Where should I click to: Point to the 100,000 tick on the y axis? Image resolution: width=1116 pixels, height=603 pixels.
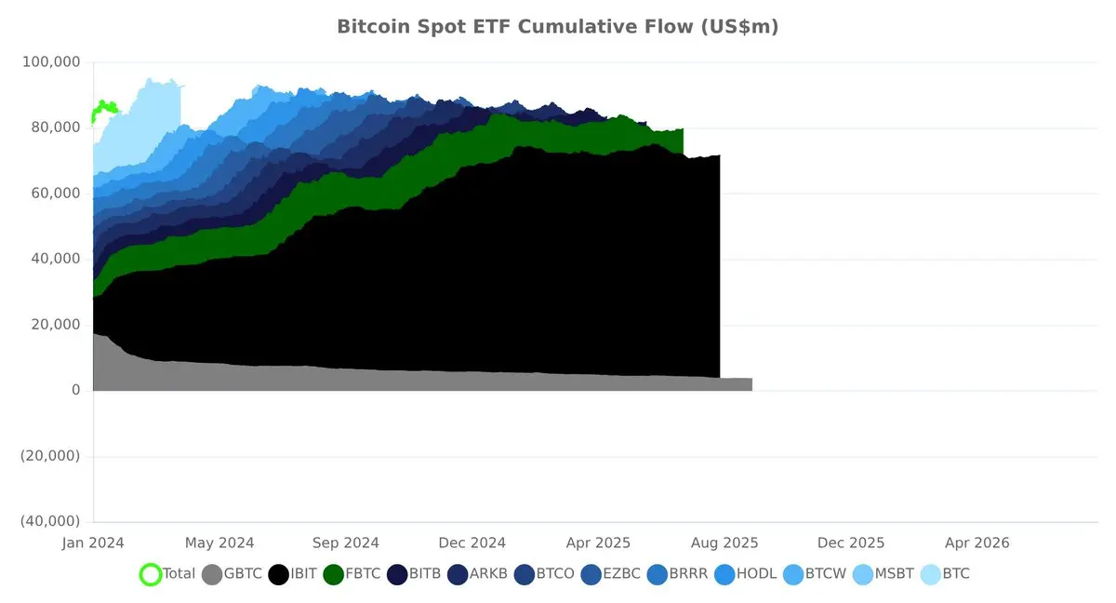pos(51,62)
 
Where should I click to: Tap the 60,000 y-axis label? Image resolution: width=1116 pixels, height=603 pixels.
pos(55,194)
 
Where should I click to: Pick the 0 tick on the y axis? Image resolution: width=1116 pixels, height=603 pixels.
pos(75,390)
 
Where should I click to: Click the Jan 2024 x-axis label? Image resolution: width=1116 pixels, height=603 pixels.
pos(93,543)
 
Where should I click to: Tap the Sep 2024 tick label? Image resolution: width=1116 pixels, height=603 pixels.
pos(346,543)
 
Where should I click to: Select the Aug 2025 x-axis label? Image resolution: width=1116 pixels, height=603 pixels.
pos(724,543)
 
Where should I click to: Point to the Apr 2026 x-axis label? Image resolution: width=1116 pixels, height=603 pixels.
pos(977,543)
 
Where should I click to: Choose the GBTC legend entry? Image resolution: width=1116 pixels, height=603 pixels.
pos(232,574)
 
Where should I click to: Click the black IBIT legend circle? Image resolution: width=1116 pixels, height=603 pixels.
pos(278,574)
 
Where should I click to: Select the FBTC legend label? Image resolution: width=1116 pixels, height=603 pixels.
pos(363,573)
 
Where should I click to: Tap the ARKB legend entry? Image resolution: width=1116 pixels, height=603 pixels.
pos(477,574)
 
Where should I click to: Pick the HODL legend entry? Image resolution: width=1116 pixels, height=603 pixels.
pos(745,574)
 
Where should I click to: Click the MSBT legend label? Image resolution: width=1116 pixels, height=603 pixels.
pos(895,573)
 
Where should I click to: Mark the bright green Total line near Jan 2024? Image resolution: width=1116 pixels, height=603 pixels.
pos(103,108)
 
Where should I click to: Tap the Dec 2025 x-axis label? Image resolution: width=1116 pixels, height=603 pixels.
pos(851,543)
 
